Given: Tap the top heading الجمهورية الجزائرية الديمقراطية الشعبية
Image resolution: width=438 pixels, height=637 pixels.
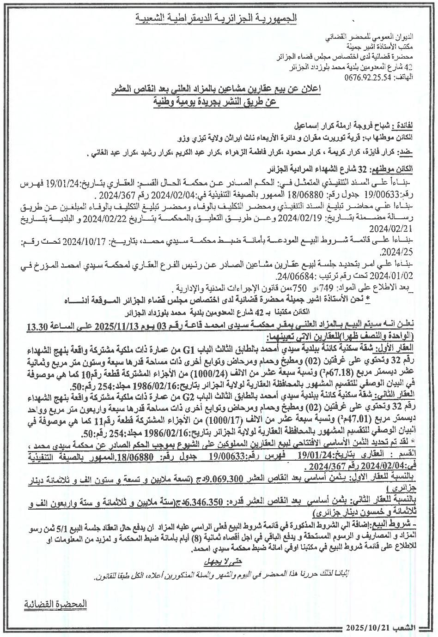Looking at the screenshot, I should click(x=217, y=18).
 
